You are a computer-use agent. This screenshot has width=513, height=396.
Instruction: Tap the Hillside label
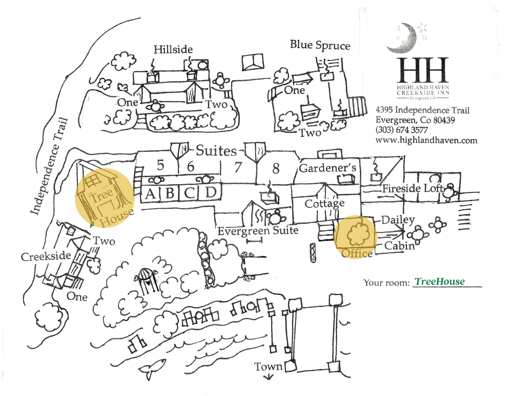coord(173,49)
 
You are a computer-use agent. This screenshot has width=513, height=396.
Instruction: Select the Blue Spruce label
coord(320,45)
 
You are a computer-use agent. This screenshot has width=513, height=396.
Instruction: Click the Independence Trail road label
coord(49,167)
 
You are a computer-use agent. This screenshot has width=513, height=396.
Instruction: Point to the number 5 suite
coord(161,165)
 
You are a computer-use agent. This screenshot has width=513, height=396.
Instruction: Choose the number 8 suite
coord(276,169)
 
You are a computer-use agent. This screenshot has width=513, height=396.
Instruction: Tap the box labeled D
coord(211,192)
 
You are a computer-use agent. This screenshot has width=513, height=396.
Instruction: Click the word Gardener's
coord(328,168)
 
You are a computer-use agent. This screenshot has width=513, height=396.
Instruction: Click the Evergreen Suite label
coord(258,231)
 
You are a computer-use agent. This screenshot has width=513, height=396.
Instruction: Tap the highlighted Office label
coord(357,253)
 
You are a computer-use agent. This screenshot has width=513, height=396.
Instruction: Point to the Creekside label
coord(46,256)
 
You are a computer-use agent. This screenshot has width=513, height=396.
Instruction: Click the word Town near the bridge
coord(268,367)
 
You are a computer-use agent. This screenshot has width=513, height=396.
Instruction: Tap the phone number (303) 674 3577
coord(401,130)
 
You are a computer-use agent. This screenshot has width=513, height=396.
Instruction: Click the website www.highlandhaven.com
coord(426,140)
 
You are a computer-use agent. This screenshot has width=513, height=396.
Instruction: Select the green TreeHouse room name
coord(440,281)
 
